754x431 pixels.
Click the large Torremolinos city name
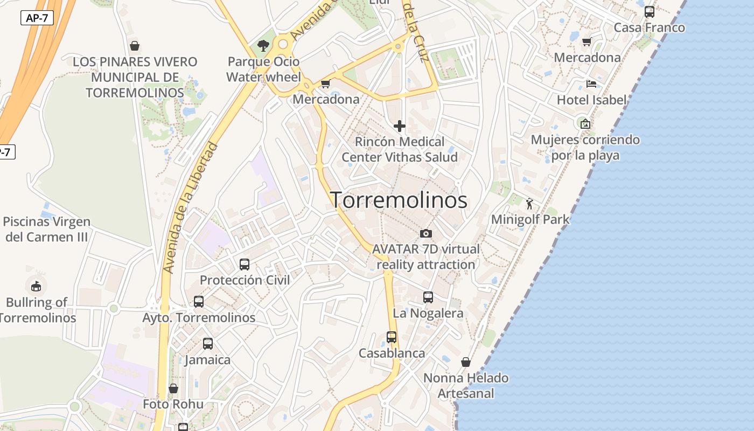(x=399, y=200)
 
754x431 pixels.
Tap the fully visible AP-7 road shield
(x=37, y=18)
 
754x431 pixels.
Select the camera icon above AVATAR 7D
(x=426, y=233)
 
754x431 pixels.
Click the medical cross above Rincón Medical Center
(x=399, y=126)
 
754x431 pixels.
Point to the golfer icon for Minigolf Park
(x=530, y=204)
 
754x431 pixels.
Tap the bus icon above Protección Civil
(x=245, y=264)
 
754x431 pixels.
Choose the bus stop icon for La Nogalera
(x=428, y=297)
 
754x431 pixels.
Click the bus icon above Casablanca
(x=392, y=337)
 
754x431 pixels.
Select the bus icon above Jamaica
(x=208, y=343)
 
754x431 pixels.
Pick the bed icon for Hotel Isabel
(x=591, y=84)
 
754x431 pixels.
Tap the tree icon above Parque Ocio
(x=263, y=46)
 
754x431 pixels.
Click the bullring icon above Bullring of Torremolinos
(x=36, y=286)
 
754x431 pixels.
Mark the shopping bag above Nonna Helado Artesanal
(x=466, y=362)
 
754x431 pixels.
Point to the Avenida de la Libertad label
(x=191, y=207)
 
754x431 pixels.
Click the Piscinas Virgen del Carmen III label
(x=46, y=229)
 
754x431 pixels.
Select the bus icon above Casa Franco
(x=650, y=12)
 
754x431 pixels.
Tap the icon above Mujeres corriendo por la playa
(x=585, y=123)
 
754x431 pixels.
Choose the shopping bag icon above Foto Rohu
(x=173, y=388)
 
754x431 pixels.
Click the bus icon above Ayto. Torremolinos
(x=199, y=302)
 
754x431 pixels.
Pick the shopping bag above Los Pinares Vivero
(x=135, y=46)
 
